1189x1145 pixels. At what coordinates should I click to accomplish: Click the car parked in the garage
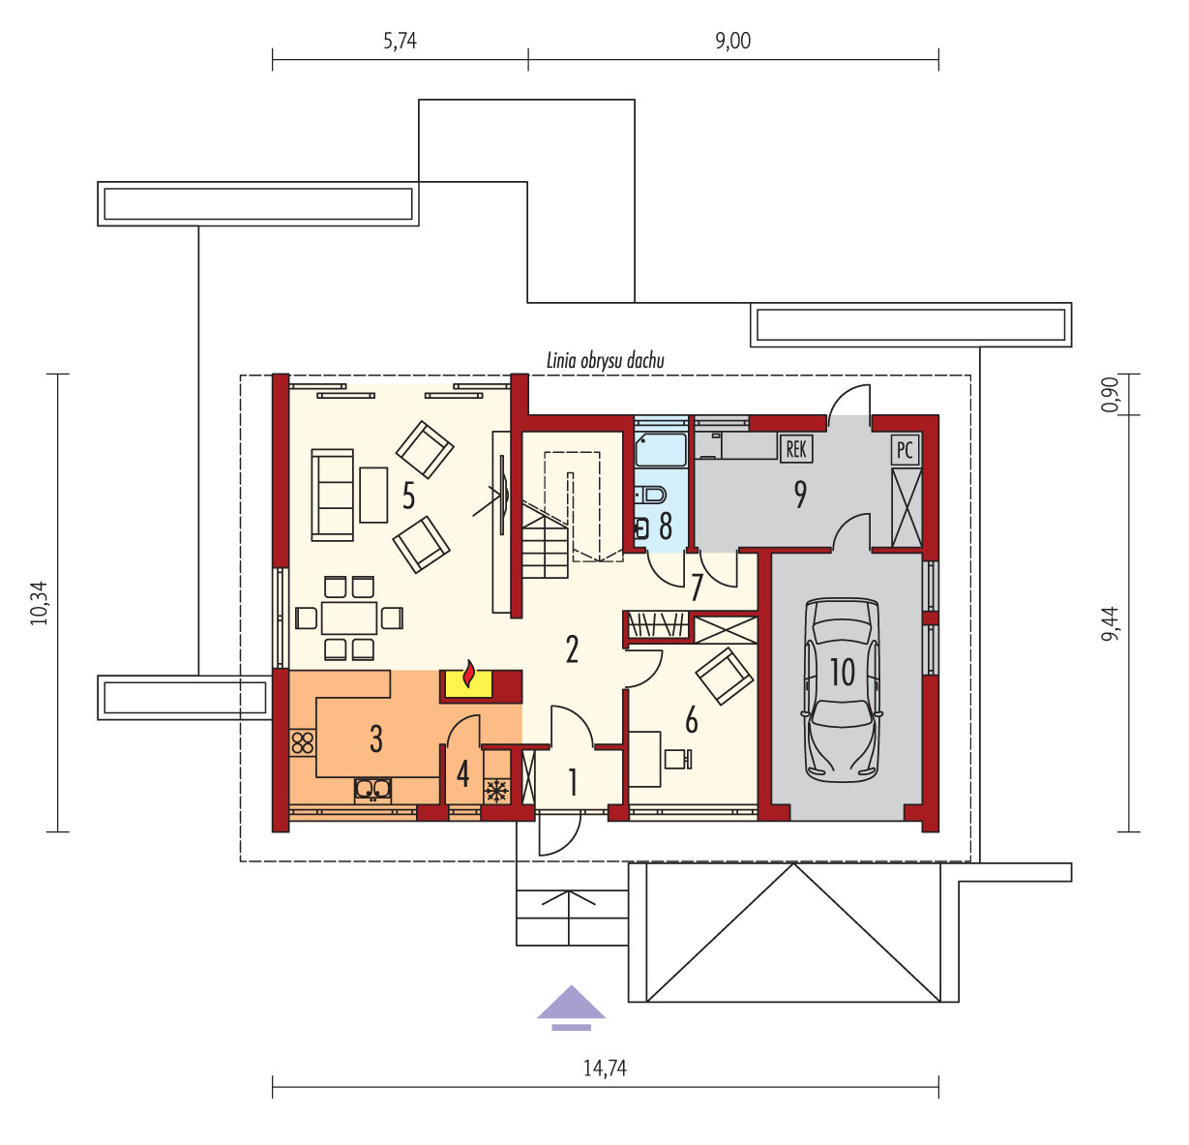tap(843, 690)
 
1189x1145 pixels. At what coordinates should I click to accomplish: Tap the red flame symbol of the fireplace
tap(468, 674)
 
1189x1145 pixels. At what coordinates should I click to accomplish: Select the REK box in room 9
tap(796, 450)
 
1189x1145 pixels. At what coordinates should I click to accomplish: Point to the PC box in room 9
tap(905, 450)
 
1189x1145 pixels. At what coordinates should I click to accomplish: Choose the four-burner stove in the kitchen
tap(303, 742)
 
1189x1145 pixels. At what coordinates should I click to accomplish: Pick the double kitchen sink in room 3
tap(372, 789)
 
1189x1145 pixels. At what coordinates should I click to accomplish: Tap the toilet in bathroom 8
tap(651, 495)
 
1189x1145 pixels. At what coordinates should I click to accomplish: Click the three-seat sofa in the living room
tap(333, 496)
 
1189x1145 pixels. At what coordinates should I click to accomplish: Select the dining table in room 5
tap(349, 618)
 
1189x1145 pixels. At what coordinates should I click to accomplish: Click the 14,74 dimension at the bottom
tap(605, 1067)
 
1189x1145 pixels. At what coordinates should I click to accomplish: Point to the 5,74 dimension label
tap(400, 41)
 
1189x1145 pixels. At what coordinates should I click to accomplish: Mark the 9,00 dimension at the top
tap(732, 41)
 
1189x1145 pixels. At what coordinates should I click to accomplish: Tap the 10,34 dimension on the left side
tap(39, 603)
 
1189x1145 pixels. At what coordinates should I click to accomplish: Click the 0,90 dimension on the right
tap(1110, 395)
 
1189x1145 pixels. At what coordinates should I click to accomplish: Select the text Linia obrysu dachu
tap(605, 361)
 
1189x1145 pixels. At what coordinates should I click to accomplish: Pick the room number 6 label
tap(691, 721)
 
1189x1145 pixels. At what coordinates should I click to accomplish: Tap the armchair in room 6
tap(724, 677)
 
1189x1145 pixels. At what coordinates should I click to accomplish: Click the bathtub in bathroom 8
tap(661, 449)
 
